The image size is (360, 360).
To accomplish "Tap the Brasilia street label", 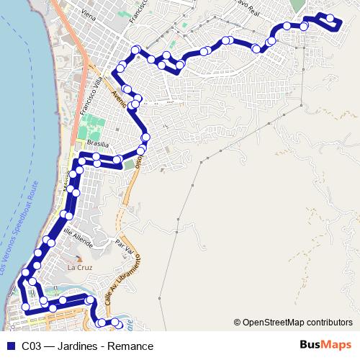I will click(x=97, y=143).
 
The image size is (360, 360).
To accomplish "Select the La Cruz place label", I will click(x=80, y=267).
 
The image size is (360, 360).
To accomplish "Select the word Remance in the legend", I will click(x=130, y=346).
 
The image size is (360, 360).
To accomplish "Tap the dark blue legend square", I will click(x=9, y=346).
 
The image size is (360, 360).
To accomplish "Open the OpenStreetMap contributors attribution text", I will click(x=297, y=322).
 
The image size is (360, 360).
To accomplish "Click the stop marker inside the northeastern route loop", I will click(x=330, y=18).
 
